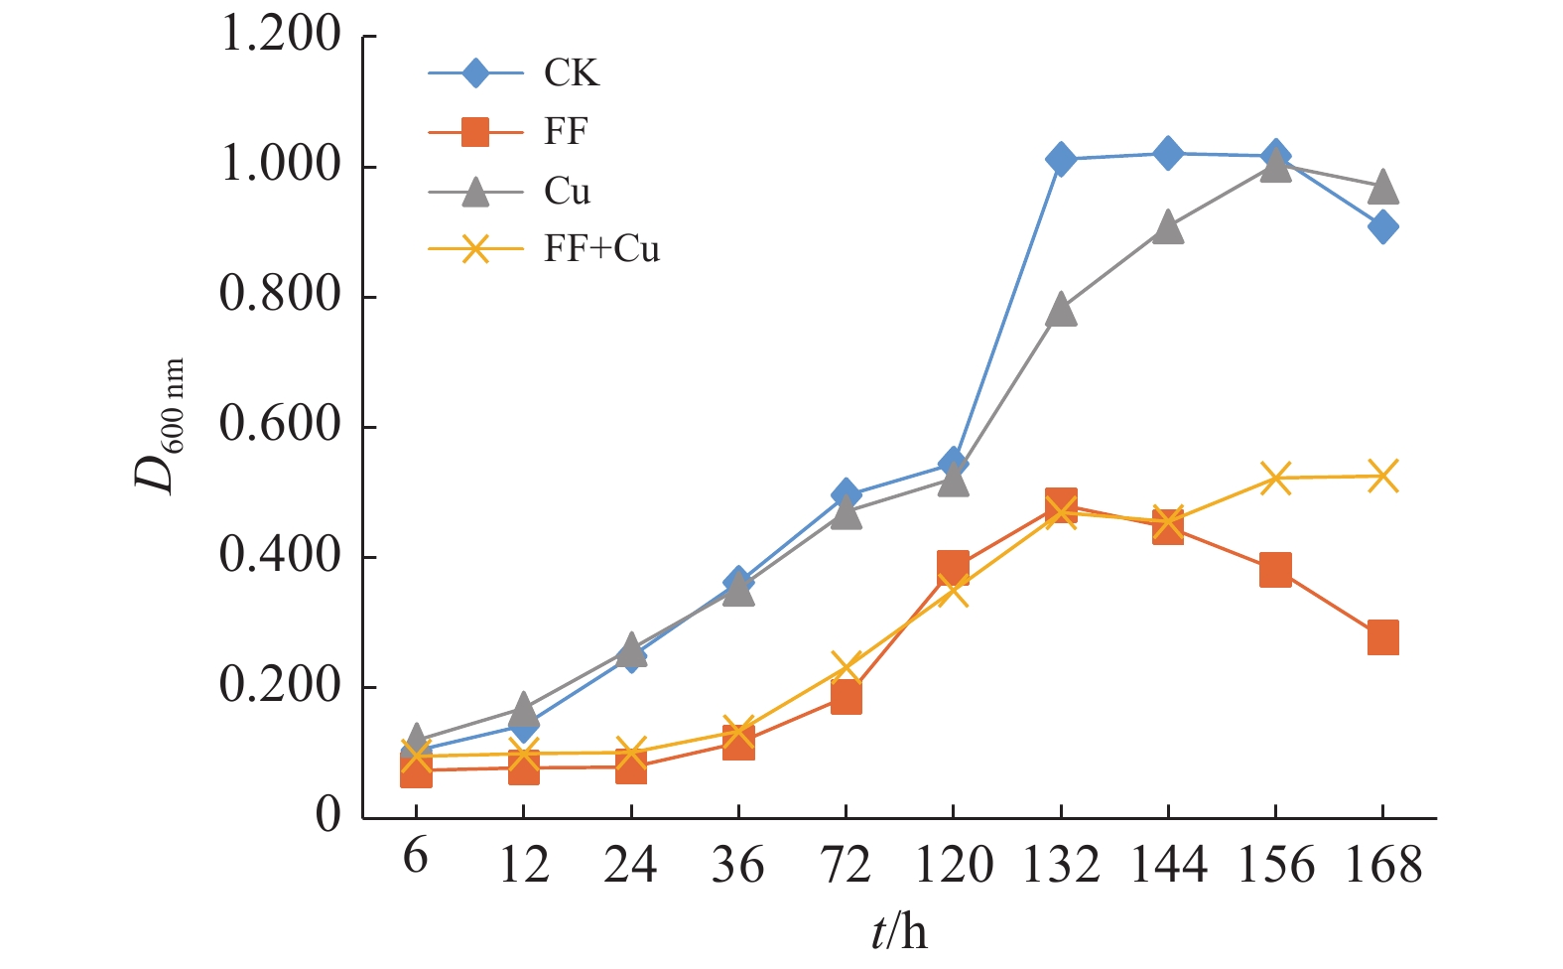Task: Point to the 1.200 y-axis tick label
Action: [x=281, y=36]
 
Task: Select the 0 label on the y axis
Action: [x=327, y=815]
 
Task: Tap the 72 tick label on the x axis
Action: [x=845, y=865]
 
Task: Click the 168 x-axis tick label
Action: [x=1382, y=865]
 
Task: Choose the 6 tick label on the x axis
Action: [x=415, y=857]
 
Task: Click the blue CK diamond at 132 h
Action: [x=1061, y=159]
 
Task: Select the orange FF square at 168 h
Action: [x=1382, y=637]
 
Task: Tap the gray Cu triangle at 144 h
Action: [x=1168, y=227]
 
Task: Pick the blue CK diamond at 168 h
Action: [x=1382, y=227]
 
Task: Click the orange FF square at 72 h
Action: [x=846, y=698]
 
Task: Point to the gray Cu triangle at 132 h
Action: [x=1061, y=310]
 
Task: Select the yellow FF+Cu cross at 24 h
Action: [x=630, y=752]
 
